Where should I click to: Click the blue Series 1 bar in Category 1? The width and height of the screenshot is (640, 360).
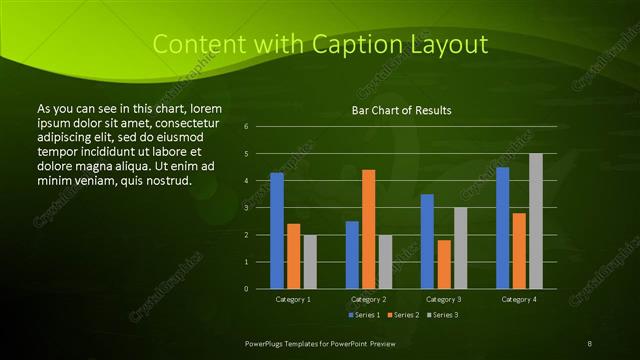(277, 231)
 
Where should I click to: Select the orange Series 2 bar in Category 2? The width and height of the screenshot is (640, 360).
(369, 229)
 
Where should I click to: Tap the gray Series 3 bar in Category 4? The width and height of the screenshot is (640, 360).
(536, 221)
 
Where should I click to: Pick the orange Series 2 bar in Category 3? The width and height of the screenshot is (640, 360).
(444, 264)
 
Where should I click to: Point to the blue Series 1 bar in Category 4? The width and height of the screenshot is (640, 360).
(502, 228)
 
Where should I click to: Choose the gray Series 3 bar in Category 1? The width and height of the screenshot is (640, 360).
(310, 262)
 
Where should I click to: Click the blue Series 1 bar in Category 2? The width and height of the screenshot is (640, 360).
(352, 255)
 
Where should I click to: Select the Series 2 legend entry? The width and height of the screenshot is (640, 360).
(403, 315)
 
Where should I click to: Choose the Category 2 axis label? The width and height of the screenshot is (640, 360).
(368, 299)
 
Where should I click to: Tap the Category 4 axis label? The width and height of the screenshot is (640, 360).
(518, 299)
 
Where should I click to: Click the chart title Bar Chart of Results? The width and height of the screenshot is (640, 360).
(402, 110)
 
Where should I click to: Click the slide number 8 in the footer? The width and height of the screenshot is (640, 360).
(590, 342)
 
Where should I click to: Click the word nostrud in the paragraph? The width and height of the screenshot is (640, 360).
(167, 180)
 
